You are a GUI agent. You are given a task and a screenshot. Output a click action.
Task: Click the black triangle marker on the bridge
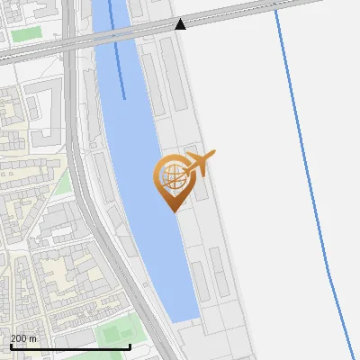[x=180, y=23]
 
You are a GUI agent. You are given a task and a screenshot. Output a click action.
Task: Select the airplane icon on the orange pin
[x=198, y=165]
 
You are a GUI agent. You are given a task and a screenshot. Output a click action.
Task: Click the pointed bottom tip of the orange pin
[x=172, y=210]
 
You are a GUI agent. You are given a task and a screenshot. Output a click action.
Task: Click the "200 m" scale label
[x=23, y=338]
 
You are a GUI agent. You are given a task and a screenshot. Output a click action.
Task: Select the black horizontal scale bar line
[x=70, y=346]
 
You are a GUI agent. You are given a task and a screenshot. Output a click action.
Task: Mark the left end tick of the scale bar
[x=11, y=345]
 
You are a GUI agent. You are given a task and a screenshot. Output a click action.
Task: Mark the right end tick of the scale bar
[x=130, y=345]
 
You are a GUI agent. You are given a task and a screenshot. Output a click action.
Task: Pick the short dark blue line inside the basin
[x=117, y=54]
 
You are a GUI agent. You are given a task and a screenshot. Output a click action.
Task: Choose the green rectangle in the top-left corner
[x=26, y=33]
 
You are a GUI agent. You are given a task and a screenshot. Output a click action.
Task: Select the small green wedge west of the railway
[x=61, y=184]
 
